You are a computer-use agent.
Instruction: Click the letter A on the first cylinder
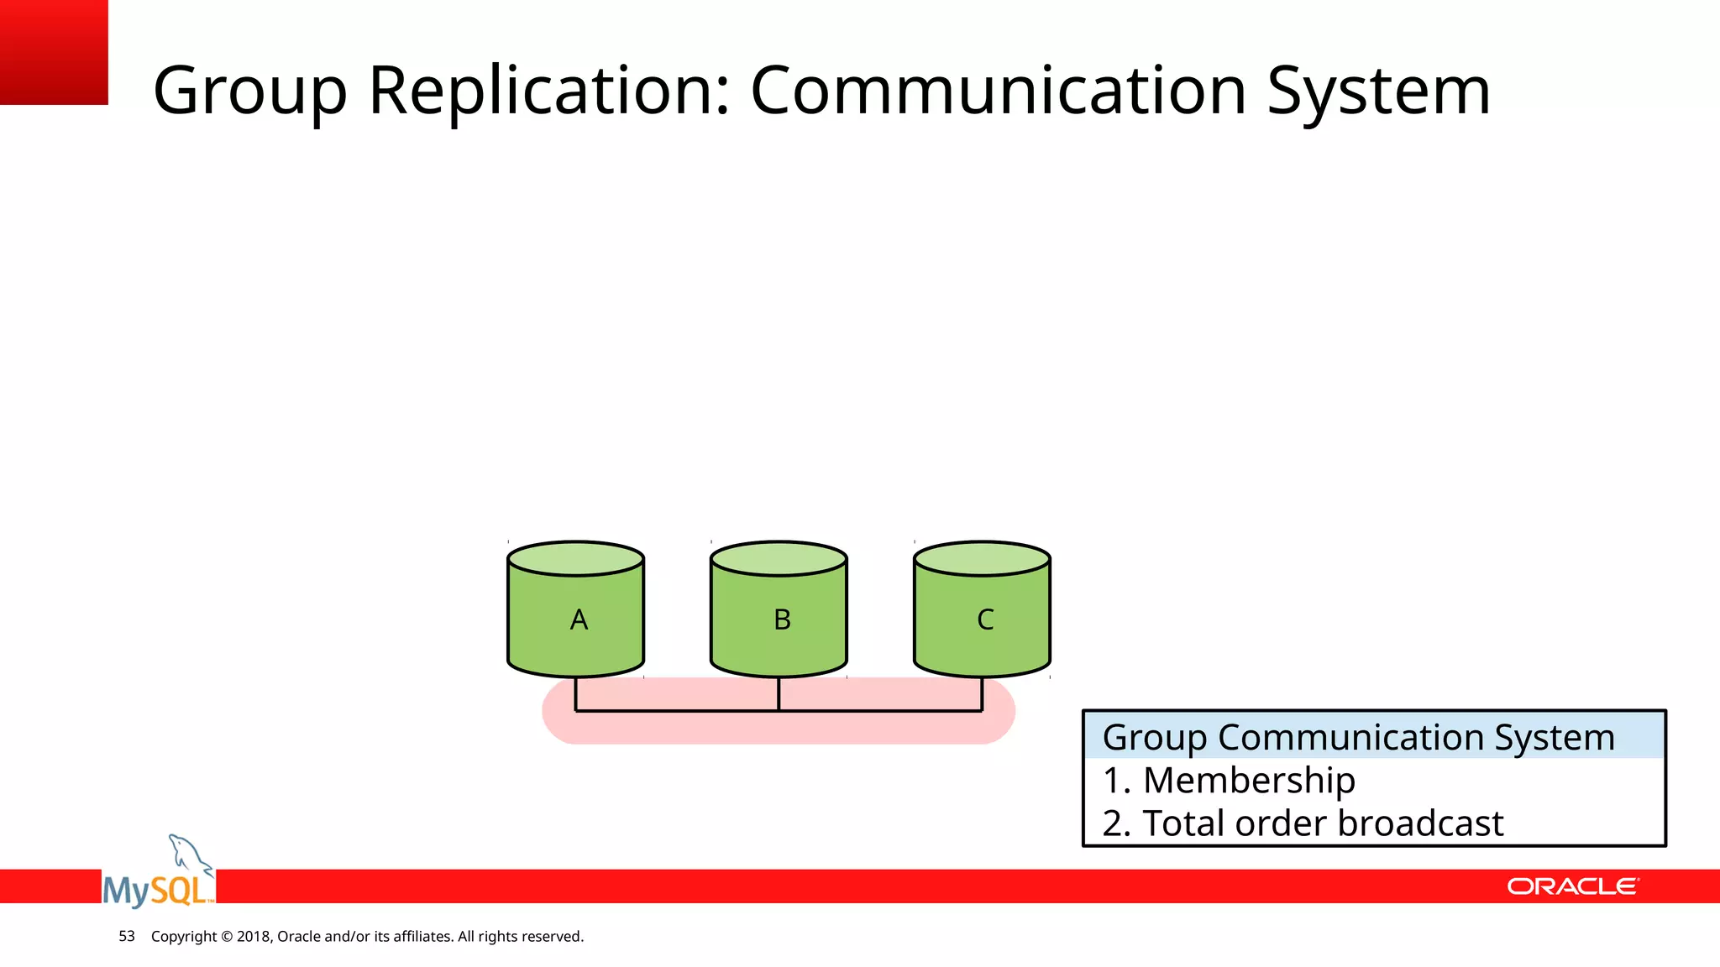tap(579, 619)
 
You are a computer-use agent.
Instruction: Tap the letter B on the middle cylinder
tap(782, 619)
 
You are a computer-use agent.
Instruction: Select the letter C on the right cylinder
tap(985, 619)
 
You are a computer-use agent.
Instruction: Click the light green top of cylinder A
tap(576, 558)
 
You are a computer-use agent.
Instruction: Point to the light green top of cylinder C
tap(982, 558)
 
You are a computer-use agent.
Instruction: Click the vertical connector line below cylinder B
tap(779, 694)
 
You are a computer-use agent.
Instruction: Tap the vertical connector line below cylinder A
tap(575, 694)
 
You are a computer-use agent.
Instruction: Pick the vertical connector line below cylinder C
tap(982, 694)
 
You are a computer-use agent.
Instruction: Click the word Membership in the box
tap(1249, 781)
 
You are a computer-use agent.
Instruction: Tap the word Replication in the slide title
tap(549, 91)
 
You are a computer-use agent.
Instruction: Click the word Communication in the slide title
tap(998, 91)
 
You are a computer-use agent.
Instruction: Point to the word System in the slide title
tap(1378, 91)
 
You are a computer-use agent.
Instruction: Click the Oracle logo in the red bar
tap(1572, 886)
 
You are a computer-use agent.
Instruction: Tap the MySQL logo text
tap(157, 890)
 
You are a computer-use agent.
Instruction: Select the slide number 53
tap(127, 936)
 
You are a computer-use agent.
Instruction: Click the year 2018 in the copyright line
tap(253, 936)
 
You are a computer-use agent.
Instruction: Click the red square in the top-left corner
tap(54, 52)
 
